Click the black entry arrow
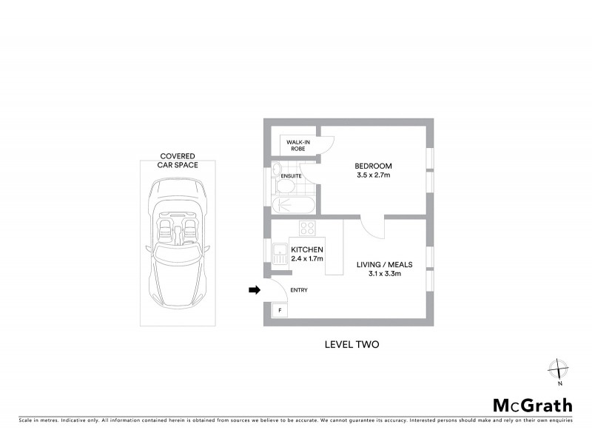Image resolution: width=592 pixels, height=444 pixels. click(x=255, y=290)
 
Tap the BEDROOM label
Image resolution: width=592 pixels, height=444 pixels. click(x=373, y=166)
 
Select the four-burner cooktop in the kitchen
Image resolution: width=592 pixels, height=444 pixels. click(x=307, y=226)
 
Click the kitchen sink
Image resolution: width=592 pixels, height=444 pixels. click(x=280, y=255)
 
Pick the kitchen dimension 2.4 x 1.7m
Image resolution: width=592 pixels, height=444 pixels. click(x=306, y=259)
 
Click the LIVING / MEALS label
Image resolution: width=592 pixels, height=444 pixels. click(x=385, y=264)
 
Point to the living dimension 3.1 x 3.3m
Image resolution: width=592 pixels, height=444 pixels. click(x=385, y=275)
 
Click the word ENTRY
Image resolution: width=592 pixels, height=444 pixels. click(x=298, y=290)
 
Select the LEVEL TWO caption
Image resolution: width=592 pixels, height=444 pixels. click(x=351, y=344)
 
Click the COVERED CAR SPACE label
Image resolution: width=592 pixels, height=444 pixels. click(x=178, y=161)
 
